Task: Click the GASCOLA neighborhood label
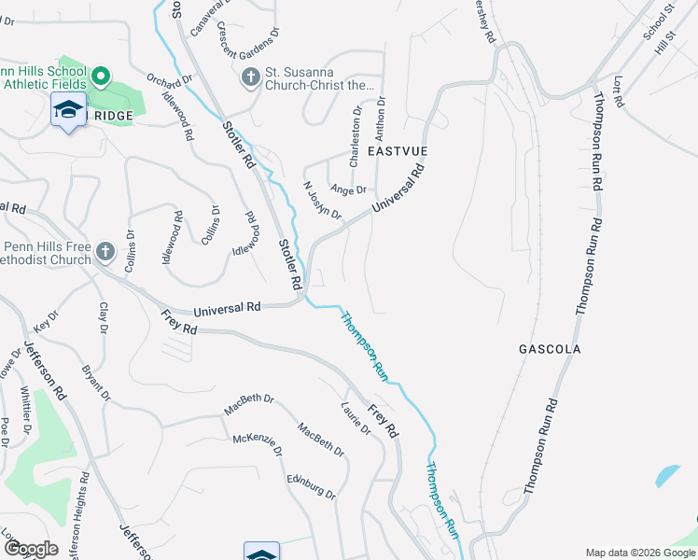coord(550,349)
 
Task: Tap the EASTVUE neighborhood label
coord(398,150)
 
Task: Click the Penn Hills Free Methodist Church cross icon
coord(105,252)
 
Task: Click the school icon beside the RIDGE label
coord(69,109)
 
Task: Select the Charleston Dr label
coord(355,137)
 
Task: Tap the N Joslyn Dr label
coord(324,201)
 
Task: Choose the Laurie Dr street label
coord(356,418)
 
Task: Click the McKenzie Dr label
coord(257,444)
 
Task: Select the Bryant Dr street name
coord(92,384)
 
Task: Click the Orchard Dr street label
coord(167,84)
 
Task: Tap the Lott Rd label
coord(616,96)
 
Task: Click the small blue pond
coord(667,475)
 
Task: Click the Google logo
coord(30,549)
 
